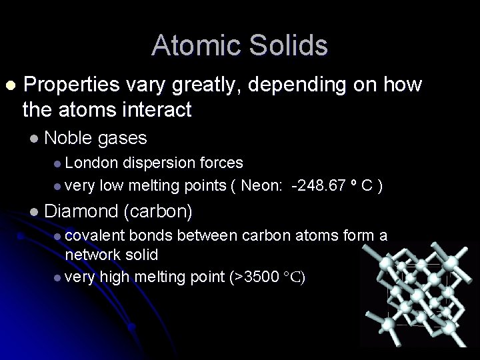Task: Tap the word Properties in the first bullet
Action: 71,85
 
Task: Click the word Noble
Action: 68,138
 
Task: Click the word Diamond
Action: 80,212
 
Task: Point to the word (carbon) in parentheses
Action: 158,212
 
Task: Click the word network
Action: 93,255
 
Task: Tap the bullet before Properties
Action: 9,86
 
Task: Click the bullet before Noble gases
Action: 35,139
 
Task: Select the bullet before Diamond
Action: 35,213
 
